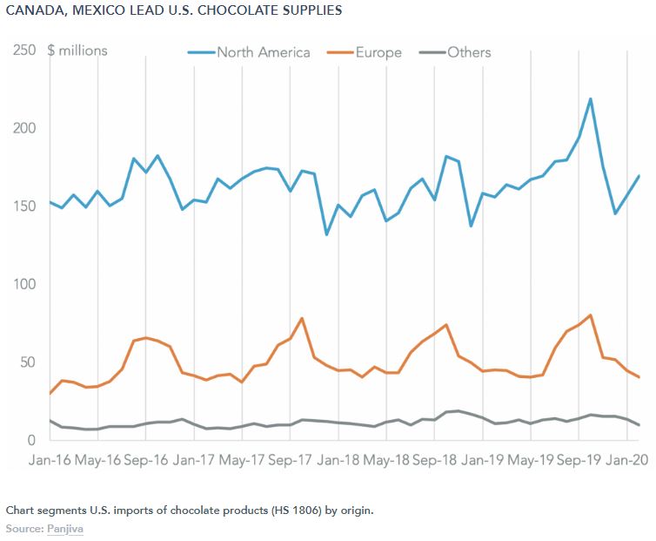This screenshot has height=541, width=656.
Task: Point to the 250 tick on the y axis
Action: pyautogui.click(x=23, y=51)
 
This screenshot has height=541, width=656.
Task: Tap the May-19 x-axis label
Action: pyautogui.click(x=530, y=459)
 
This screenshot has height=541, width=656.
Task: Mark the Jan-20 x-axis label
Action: pyautogui.click(x=626, y=459)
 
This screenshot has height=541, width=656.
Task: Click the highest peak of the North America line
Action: pyautogui.click(x=591, y=98)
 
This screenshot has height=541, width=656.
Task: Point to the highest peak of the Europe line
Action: pyautogui.click(x=591, y=315)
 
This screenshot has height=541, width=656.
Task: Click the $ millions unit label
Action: pyautogui.click(x=77, y=51)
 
